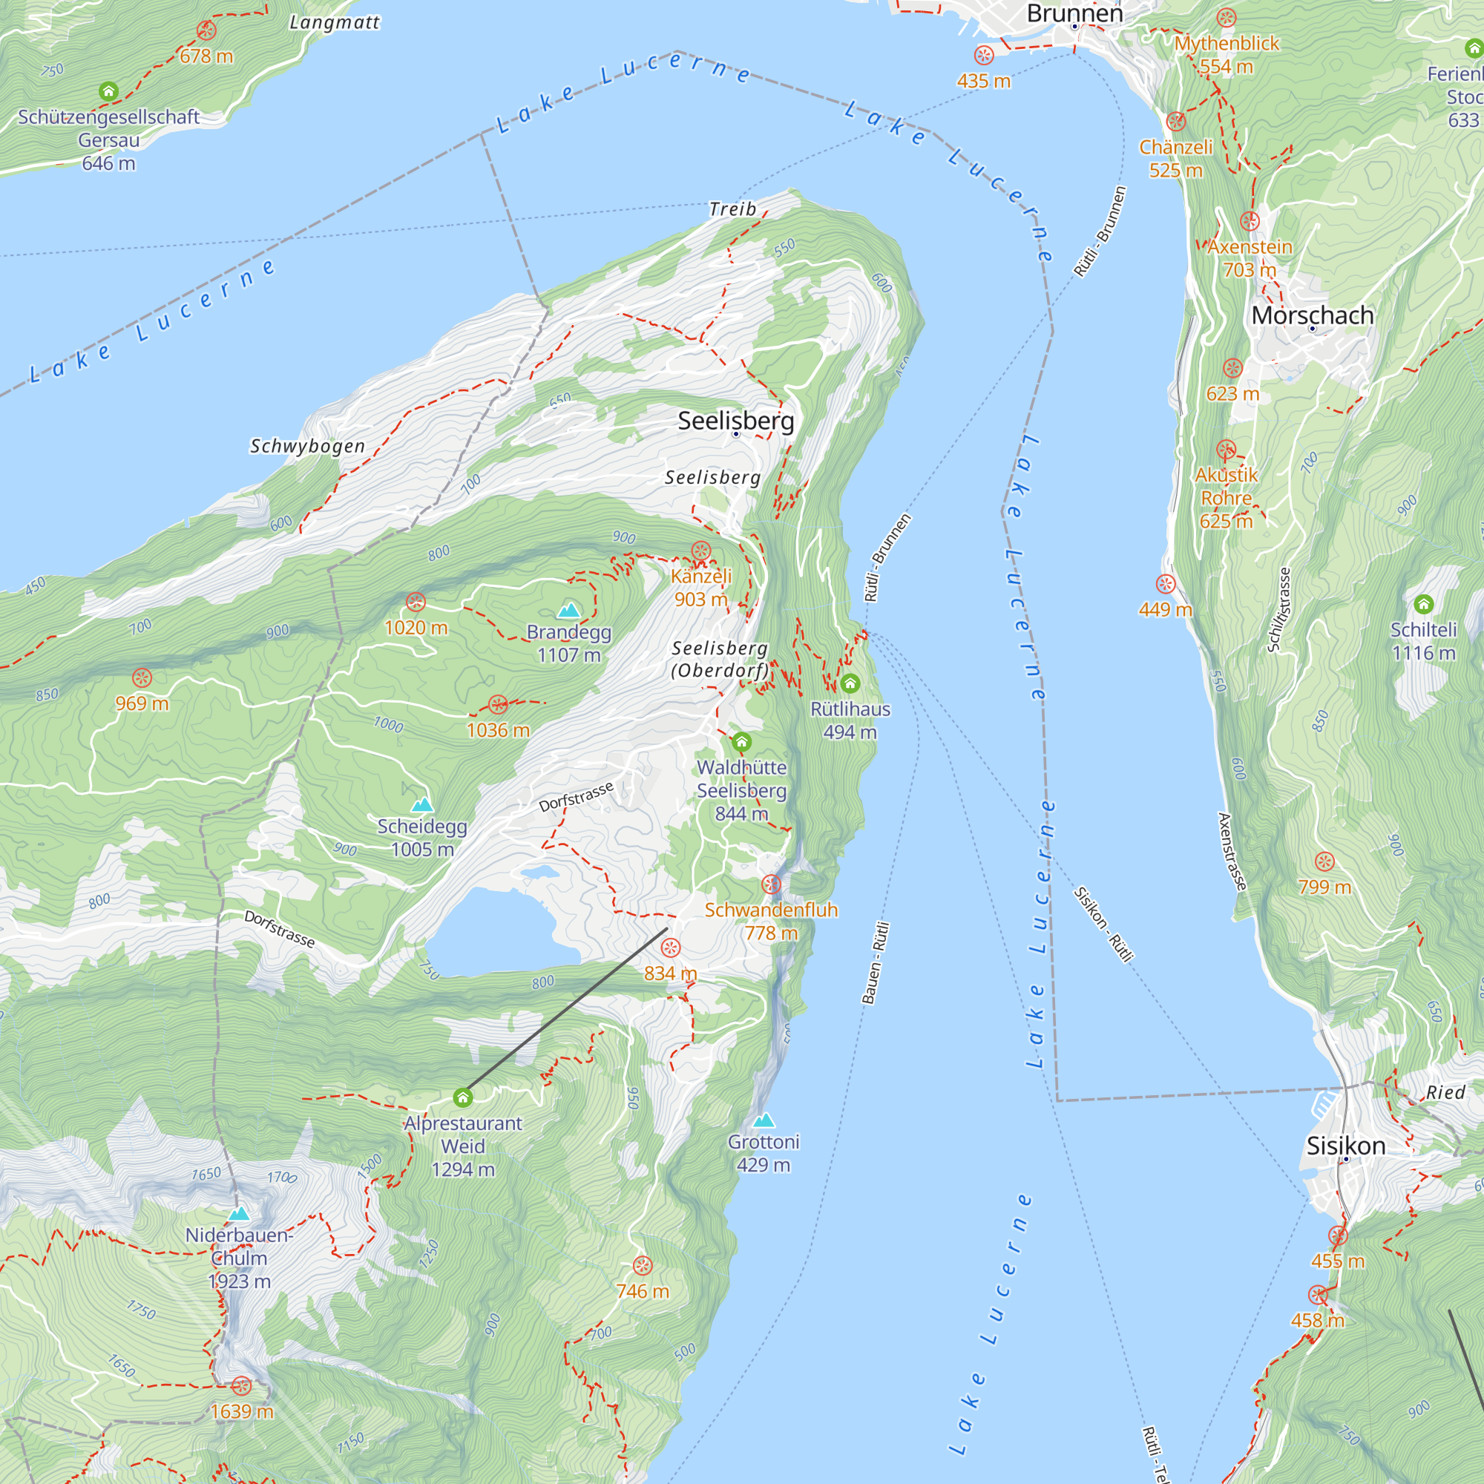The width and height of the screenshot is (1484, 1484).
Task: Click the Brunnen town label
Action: click(x=1074, y=13)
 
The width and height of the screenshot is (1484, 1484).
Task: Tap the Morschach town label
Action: click(x=1312, y=315)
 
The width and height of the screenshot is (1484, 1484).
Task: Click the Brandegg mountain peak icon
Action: click(x=568, y=611)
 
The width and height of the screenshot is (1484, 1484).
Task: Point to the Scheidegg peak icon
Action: click(x=421, y=805)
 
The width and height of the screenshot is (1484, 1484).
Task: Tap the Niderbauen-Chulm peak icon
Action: click(x=239, y=1215)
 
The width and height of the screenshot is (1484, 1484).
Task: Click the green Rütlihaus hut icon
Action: click(x=850, y=683)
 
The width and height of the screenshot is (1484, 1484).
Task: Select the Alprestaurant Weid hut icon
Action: click(x=462, y=1097)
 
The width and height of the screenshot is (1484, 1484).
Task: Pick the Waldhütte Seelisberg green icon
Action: click(x=741, y=742)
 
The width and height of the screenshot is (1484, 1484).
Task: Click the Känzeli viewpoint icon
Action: click(x=700, y=551)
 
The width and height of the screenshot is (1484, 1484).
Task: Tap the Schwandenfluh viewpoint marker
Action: click(x=771, y=884)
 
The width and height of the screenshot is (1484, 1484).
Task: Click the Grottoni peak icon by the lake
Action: click(x=764, y=1120)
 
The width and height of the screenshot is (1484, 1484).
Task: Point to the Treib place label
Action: click(x=732, y=209)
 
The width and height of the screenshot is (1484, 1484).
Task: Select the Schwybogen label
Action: click(x=307, y=446)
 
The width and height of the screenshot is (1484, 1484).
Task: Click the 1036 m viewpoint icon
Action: click(x=498, y=704)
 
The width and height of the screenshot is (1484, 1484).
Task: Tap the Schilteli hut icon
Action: click(x=1423, y=604)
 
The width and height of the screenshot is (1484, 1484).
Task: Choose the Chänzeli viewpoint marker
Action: click(x=1175, y=122)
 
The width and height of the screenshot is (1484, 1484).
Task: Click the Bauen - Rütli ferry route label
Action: click(x=875, y=963)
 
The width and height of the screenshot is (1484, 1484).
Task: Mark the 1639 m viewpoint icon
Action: click(x=241, y=1385)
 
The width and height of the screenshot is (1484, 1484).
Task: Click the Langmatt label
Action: click(x=334, y=22)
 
